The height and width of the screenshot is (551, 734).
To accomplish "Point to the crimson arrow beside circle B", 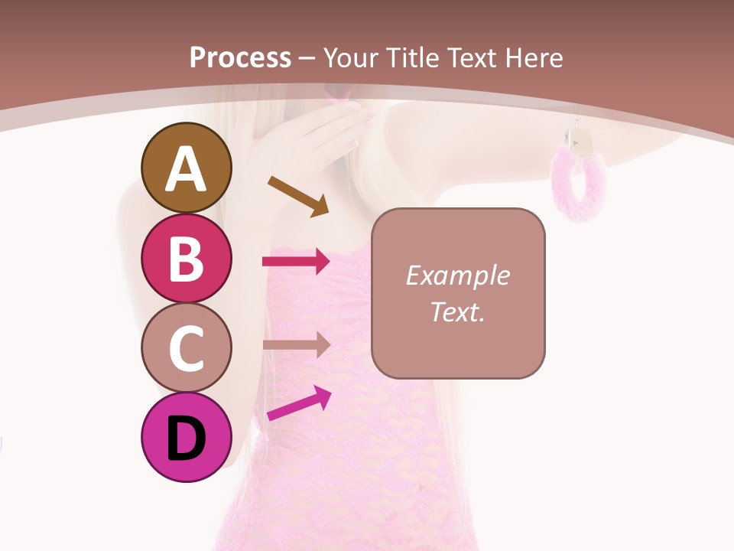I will point(296,262).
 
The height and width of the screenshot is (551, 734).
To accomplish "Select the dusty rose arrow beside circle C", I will point(296,345).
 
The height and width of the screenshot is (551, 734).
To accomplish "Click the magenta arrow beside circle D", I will point(299,404).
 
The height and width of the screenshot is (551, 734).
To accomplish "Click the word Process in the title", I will point(240,57).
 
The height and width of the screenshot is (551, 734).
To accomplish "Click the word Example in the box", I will point(457,275).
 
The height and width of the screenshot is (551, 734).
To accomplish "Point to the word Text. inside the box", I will point(457,311).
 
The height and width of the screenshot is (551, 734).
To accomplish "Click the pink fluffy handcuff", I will point(580,184).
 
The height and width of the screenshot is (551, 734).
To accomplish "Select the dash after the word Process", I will point(307,59).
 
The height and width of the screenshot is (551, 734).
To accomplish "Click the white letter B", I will point(187,258).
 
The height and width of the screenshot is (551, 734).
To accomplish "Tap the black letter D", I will point(187,439).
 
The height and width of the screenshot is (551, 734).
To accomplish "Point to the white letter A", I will point(187,168).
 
